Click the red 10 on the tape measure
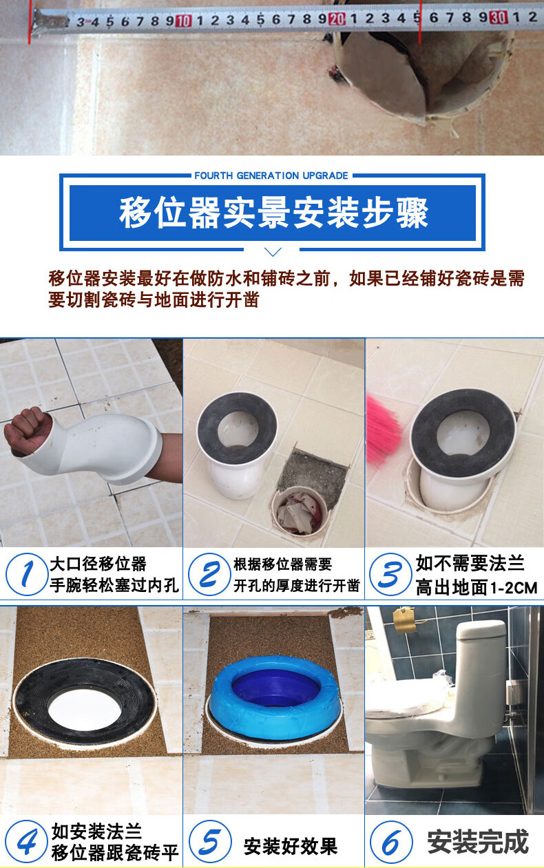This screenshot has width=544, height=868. click(x=182, y=21)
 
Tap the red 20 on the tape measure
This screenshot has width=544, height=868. click(x=337, y=19)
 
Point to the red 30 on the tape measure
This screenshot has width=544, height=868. click(x=498, y=17)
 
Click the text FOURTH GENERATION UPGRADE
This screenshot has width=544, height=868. click(x=271, y=176)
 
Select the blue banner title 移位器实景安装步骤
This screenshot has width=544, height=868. click(x=273, y=212)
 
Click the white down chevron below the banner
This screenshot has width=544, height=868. click(x=273, y=251)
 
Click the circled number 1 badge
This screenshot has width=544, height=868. click(x=26, y=574)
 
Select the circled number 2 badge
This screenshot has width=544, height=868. click(x=208, y=574)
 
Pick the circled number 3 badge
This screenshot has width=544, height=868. click(x=390, y=574)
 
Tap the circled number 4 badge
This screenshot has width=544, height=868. click(x=26, y=842)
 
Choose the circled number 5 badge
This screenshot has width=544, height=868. click(x=208, y=842)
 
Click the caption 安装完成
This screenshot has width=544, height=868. click(x=477, y=843)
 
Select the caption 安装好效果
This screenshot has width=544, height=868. click(x=290, y=846)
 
